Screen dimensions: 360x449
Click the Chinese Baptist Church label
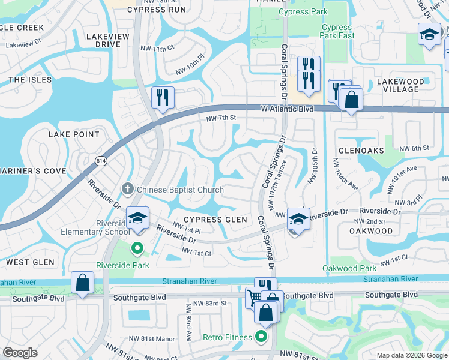tap(180, 190)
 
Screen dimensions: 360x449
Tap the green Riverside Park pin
tap(137, 247)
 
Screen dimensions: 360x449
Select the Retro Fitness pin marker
tap(261, 337)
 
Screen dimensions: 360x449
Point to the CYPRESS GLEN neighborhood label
tap(215, 220)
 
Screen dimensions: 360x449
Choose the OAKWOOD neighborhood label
tap(371, 230)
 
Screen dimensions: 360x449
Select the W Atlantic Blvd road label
tap(287, 109)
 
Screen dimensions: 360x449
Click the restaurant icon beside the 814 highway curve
tap(163, 97)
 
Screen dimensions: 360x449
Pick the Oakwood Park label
tap(349, 268)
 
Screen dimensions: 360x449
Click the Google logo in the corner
tap(20, 353)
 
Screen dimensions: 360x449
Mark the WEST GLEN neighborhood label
tap(30, 262)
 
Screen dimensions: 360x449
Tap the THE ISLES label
tap(30, 80)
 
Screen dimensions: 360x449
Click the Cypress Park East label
tap(337, 31)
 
